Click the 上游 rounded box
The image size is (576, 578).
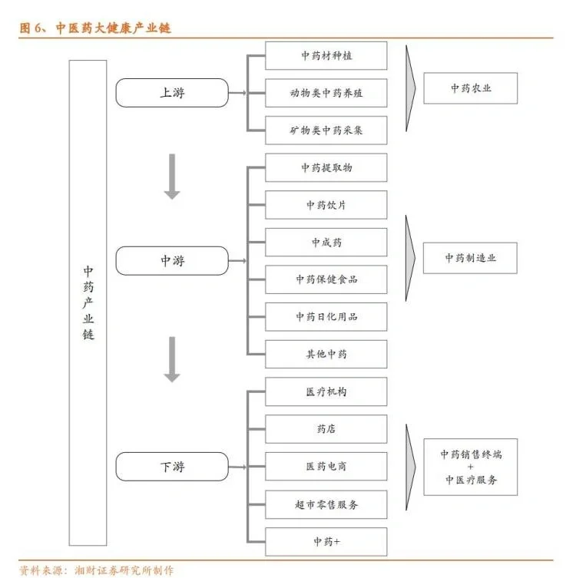click(x=172, y=93)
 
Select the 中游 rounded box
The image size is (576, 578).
click(x=172, y=261)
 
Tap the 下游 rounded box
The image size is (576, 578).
click(x=172, y=467)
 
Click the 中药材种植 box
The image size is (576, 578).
click(x=326, y=56)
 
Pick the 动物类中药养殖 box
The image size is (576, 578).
click(x=326, y=93)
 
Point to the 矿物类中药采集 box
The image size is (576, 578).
click(x=326, y=130)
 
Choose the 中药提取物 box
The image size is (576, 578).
click(x=326, y=167)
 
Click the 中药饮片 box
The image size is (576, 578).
click(x=326, y=205)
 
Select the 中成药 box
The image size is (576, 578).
click(x=326, y=243)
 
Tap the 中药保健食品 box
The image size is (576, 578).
click(x=326, y=279)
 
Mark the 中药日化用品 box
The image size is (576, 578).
click(x=326, y=316)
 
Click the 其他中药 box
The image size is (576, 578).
click(x=326, y=354)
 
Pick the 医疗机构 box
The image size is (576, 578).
click(x=326, y=391)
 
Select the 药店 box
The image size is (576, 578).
click(x=326, y=429)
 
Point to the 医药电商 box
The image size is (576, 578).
click(x=326, y=467)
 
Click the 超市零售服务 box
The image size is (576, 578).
click(x=326, y=504)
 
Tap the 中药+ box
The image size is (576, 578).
click(x=326, y=542)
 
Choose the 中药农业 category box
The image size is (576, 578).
click(x=470, y=88)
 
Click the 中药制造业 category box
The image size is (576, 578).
click(x=470, y=258)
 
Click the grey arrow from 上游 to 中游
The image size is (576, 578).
click(x=172, y=177)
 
